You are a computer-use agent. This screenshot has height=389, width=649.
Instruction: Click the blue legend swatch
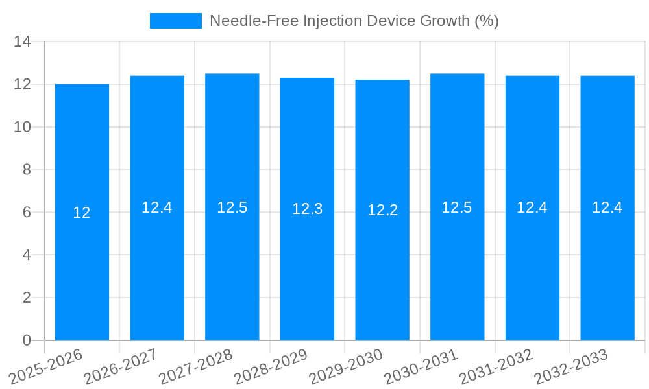pyautogui.click(x=175, y=21)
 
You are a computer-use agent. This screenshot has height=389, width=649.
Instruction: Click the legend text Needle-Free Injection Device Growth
pyautogui.click(x=354, y=21)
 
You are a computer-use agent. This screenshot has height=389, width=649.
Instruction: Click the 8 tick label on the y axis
pyautogui.click(x=27, y=170)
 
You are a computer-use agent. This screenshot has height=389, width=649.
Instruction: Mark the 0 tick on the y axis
pyautogui.click(x=27, y=340)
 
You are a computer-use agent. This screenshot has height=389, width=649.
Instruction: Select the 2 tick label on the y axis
pyautogui.click(x=27, y=298)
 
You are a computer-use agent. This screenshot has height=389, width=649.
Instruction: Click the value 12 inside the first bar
pyautogui.click(x=82, y=213)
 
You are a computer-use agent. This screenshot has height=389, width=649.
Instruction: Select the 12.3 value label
pyautogui.click(x=307, y=209)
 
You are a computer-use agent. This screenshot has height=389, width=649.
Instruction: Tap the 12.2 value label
pyautogui.click(x=382, y=210)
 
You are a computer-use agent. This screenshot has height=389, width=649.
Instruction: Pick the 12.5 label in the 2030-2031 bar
pyautogui.click(x=457, y=207)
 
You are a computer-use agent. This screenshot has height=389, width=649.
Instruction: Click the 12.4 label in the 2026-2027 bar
pyautogui.click(x=157, y=207)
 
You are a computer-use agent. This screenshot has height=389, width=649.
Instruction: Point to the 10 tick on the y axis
pyautogui.click(x=23, y=127)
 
